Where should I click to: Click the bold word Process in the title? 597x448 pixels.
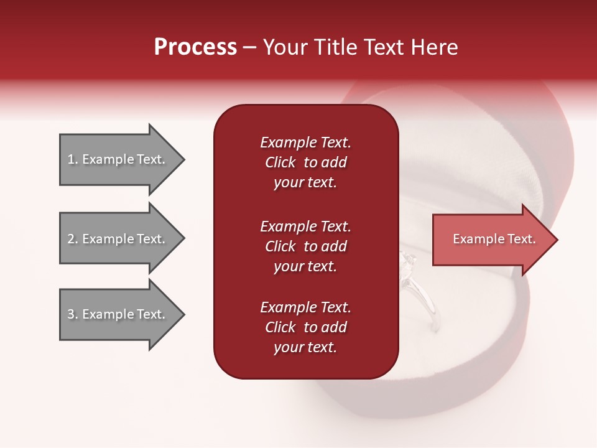tap(195, 47)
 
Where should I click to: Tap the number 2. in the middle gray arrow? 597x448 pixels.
tap(73, 239)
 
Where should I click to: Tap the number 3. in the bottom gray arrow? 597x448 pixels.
tap(73, 314)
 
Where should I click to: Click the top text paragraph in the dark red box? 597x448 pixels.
tap(305, 162)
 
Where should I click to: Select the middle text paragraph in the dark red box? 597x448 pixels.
tap(305, 246)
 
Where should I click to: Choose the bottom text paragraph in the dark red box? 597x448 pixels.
tap(305, 327)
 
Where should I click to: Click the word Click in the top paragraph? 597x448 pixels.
tap(280, 162)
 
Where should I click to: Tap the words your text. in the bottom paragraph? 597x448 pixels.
tap(305, 347)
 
